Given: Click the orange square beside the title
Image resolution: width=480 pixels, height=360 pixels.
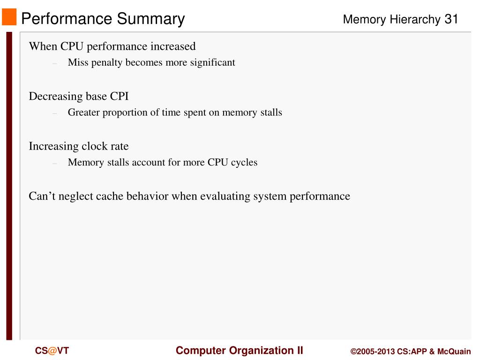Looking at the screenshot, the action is (9, 17).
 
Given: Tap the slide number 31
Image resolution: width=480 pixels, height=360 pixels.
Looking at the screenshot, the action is (451, 19).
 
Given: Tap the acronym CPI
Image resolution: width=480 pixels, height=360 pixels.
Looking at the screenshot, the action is (119, 97).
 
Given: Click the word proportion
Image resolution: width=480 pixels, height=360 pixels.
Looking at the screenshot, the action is (124, 112).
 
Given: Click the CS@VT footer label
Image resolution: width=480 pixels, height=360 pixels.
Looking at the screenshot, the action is (52, 351).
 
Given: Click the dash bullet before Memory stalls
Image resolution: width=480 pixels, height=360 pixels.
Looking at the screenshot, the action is (55, 163).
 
